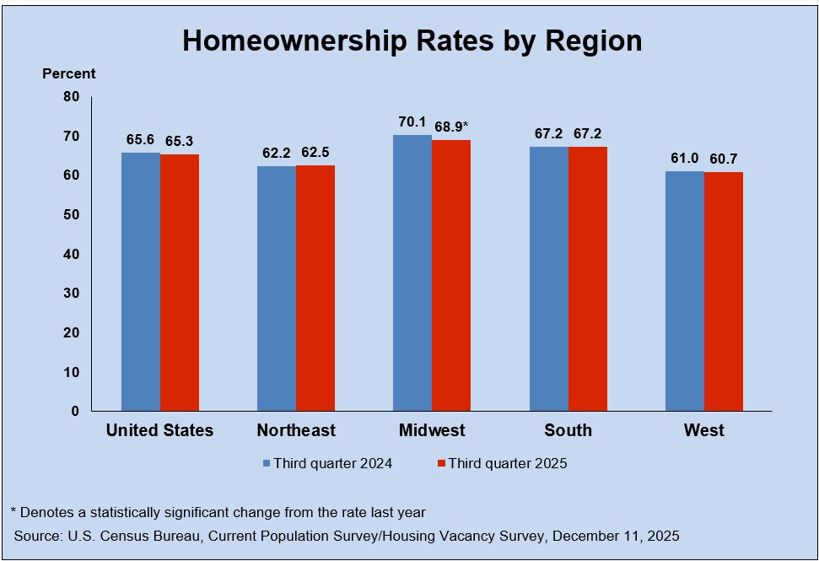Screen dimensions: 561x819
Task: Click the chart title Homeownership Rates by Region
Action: tap(412, 40)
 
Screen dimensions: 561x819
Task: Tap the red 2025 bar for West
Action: tap(724, 291)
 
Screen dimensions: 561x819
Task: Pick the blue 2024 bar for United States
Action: tap(141, 282)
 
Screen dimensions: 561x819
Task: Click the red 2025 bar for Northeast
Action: tap(315, 288)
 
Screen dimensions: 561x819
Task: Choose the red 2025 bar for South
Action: tap(588, 278)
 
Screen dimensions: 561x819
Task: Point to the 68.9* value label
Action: tap(451, 127)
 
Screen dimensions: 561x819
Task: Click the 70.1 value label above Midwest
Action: tap(412, 122)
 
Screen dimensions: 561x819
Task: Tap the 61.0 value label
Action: tap(685, 159)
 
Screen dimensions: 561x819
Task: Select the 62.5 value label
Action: tap(315, 153)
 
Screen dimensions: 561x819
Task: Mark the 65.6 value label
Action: tap(141, 140)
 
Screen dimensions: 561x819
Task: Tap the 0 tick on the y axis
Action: tap(75, 411)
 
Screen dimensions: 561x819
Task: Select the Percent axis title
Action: tap(69, 74)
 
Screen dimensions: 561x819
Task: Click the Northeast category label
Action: tap(296, 430)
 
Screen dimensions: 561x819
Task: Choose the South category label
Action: tap(568, 430)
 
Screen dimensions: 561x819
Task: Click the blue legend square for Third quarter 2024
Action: tap(267, 463)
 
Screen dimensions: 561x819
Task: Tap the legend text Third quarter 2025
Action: tap(508, 463)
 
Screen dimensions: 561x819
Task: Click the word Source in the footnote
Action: tap(36, 536)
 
